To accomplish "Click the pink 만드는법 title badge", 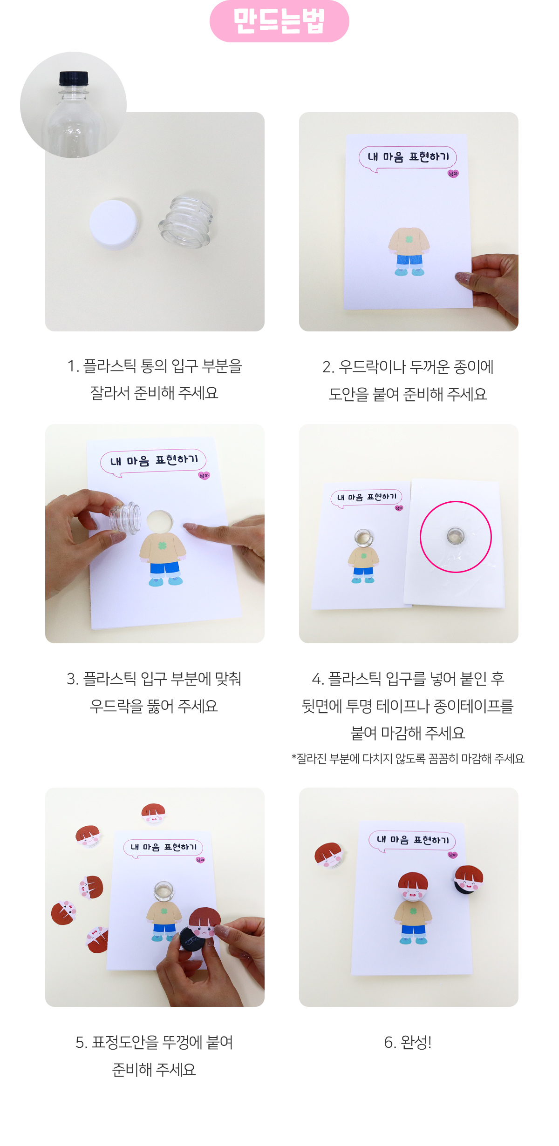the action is tap(279, 21).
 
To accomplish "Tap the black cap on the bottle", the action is tap(74, 78).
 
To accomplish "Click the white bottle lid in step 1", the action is tap(114, 224).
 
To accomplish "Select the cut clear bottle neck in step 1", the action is tap(186, 221).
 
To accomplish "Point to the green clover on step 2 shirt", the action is tap(409, 239).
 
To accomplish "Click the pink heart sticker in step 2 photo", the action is tap(453, 174).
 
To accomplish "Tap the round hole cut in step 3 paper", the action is tap(159, 521).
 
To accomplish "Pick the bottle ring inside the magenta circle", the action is tap(455, 536).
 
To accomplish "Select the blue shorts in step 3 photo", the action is tap(164, 568).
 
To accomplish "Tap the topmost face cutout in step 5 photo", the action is tap(153, 812).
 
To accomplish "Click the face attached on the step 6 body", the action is tap(413, 886).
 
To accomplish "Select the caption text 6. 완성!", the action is tap(408, 1042).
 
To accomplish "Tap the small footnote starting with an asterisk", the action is tap(408, 759).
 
